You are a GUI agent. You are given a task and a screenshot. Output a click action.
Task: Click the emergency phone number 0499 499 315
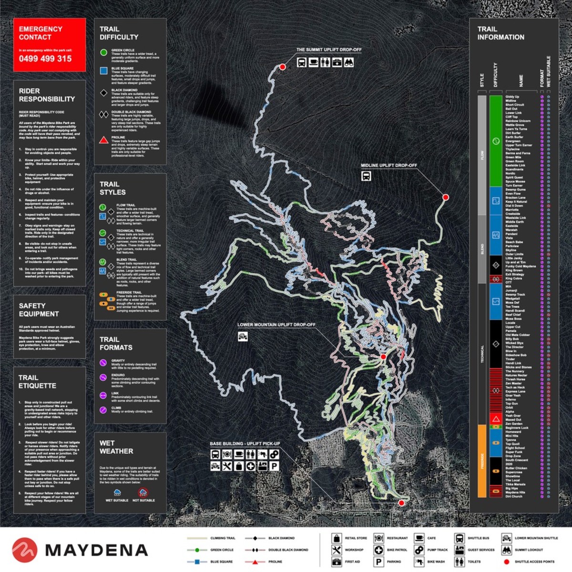point(45,59)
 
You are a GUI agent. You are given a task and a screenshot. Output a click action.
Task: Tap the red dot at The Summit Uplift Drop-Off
point(282,67)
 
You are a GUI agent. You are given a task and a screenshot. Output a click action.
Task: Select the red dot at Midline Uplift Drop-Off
point(446,197)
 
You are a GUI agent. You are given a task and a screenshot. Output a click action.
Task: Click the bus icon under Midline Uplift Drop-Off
point(366,176)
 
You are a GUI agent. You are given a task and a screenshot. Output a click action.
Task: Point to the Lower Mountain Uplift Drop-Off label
point(276,325)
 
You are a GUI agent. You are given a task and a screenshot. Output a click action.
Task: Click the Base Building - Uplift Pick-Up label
point(245,444)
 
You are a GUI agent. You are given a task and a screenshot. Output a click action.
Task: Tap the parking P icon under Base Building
point(274,466)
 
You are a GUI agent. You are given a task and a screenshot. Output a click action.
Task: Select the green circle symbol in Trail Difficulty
point(103,52)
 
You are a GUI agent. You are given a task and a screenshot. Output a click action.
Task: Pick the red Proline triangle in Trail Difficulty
point(103,140)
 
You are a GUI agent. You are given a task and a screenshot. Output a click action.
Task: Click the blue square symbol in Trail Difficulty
point(103,71)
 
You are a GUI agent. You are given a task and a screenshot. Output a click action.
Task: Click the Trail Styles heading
point(112,188)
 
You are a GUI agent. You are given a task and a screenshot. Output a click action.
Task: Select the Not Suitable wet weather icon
point(143,493)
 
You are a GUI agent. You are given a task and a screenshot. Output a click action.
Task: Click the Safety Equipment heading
point(39,310)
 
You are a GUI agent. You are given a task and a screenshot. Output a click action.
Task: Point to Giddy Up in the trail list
point(512,97)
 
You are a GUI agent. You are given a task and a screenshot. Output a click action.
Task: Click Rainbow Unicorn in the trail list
point(518,121)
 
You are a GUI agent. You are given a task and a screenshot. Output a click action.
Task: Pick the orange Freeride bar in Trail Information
point(482,460)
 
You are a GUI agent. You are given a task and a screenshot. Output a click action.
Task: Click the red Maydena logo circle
point(25,550)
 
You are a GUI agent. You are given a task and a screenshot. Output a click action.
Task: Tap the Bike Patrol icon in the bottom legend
point(378,550)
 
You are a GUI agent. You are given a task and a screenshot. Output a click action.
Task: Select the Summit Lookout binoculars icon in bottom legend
point(506,550)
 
